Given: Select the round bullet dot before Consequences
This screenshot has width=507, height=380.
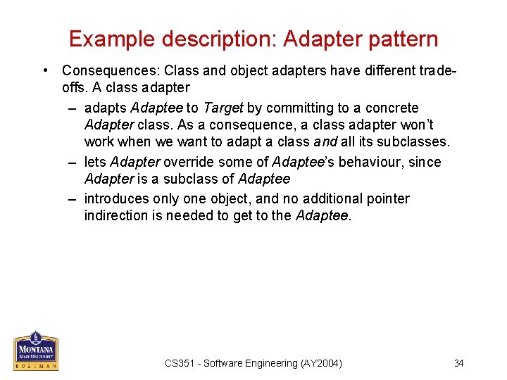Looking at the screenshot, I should pos(44,70).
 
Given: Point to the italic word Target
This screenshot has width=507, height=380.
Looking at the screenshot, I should pos(223,108).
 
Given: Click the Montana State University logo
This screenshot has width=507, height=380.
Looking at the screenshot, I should pos(36,350).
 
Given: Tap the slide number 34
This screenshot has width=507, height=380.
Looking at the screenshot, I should pos(458,363).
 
